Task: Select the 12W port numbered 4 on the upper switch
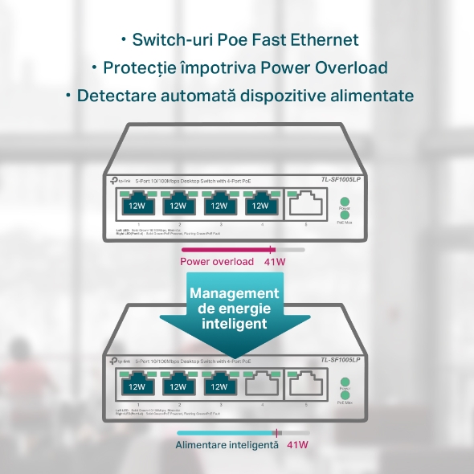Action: (x=260, y=205)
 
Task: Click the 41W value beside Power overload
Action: (x=275, y=262)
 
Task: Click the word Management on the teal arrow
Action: (x=235, y=294)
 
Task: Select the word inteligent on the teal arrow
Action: (x=234, y=325)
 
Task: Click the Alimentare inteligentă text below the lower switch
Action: (x=227, y=444)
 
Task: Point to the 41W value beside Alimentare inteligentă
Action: (x=297, y=444)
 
